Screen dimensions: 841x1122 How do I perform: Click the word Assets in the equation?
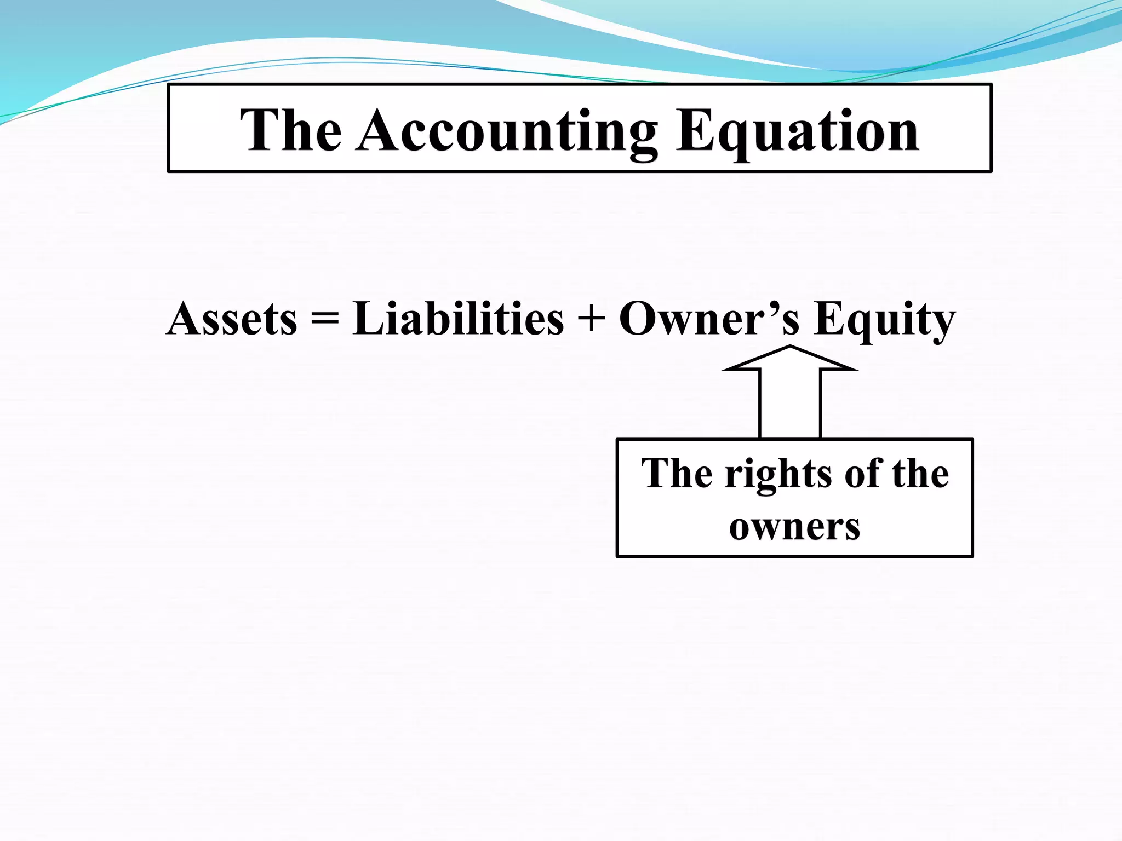click(x=232, y=319)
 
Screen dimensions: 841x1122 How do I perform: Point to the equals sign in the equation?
click(x=325, y=319)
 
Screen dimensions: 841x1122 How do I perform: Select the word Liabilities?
click(x=458, y=319)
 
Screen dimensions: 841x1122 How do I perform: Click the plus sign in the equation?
click(x=592, y=319)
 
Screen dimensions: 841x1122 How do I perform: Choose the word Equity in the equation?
click(x=884, y=319)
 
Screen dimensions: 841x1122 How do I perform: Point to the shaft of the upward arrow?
click(x=790, y=405)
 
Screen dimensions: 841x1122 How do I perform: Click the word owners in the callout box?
click(x=794, y=527)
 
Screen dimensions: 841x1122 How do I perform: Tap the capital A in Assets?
click(x=184, y=319)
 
